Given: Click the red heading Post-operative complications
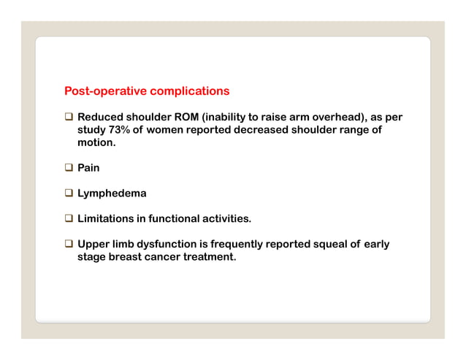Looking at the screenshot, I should [x=147, y=91].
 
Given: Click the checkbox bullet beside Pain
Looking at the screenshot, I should [x=69, y=168].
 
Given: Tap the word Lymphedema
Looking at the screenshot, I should [x=112, y=194].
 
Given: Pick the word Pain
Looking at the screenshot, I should [x=89, y=168].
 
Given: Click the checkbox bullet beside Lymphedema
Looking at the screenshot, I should [x=69, y=194].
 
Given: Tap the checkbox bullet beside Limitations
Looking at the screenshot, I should [x=69, y=219].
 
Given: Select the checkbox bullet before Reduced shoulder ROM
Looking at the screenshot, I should [x=69, y=117].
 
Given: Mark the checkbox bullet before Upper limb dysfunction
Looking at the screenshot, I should [x=69, y=244].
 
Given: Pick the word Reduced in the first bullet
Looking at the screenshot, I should [x=101, y=117].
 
